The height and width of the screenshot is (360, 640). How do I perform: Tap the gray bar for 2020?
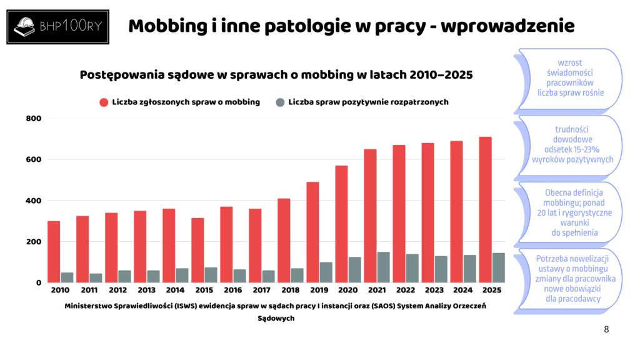pyautogui.click(x=355, y=269)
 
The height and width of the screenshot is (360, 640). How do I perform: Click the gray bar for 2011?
pyautogui.click(x=96, y=277)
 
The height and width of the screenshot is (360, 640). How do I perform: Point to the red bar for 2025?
pyautogui.click(x=485, y=209)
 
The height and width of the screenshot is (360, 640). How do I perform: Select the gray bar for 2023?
pyautogui.click(x=441, y=269)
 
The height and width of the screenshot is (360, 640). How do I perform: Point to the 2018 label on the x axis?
pyautogui.click(x=290, y=291)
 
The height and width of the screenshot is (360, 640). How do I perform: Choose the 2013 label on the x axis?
pyautogui.click(x=146, y=291)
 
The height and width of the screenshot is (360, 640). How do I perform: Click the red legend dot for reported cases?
pyautogui.click(x=104, y=102)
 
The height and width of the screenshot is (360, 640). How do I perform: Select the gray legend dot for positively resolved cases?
pyautogui.click(x=280, y=102)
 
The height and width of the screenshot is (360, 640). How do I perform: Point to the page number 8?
pyautogui.click(x=606, y=329)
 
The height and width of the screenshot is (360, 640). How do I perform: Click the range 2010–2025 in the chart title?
pyautogui.click(x=441, y=74)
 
